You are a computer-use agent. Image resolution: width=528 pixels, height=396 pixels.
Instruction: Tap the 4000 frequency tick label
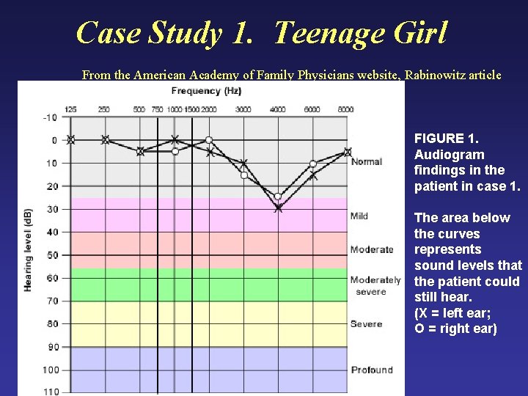(x=278, y=110)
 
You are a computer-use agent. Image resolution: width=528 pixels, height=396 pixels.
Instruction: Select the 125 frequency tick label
(x=70, y=109)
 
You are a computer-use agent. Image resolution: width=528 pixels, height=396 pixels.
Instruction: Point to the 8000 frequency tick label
(x=346, y=110)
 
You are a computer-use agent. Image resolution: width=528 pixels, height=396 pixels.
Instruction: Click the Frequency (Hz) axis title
(x=206, y=91)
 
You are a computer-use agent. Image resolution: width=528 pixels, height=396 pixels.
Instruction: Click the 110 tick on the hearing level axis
(x=50, y=392)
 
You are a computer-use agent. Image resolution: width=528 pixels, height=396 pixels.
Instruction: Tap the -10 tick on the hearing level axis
(x=50, y=117)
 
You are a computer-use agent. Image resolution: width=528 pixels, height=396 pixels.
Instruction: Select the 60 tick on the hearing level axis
(x=51, y=278)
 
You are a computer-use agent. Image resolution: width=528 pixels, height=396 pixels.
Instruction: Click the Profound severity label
(x=372, y=370)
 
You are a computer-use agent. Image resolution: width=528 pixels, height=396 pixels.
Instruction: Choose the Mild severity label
(x=359, y=216)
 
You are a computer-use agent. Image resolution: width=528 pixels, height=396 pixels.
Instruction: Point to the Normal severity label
(x=367, y=161)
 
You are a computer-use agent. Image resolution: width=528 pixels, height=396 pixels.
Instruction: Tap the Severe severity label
(x=366, y=323)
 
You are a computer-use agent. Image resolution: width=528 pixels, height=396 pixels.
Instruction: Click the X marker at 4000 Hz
(x=278, y=208)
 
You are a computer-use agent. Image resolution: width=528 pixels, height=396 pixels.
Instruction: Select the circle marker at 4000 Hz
(x=277, y=197)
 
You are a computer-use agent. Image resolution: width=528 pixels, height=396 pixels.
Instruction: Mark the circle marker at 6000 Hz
(x=313, y=164)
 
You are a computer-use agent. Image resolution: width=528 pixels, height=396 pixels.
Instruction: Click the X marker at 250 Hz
(x=105, y=139)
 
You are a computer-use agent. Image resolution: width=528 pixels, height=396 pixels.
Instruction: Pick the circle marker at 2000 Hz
(x=209, y=139)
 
